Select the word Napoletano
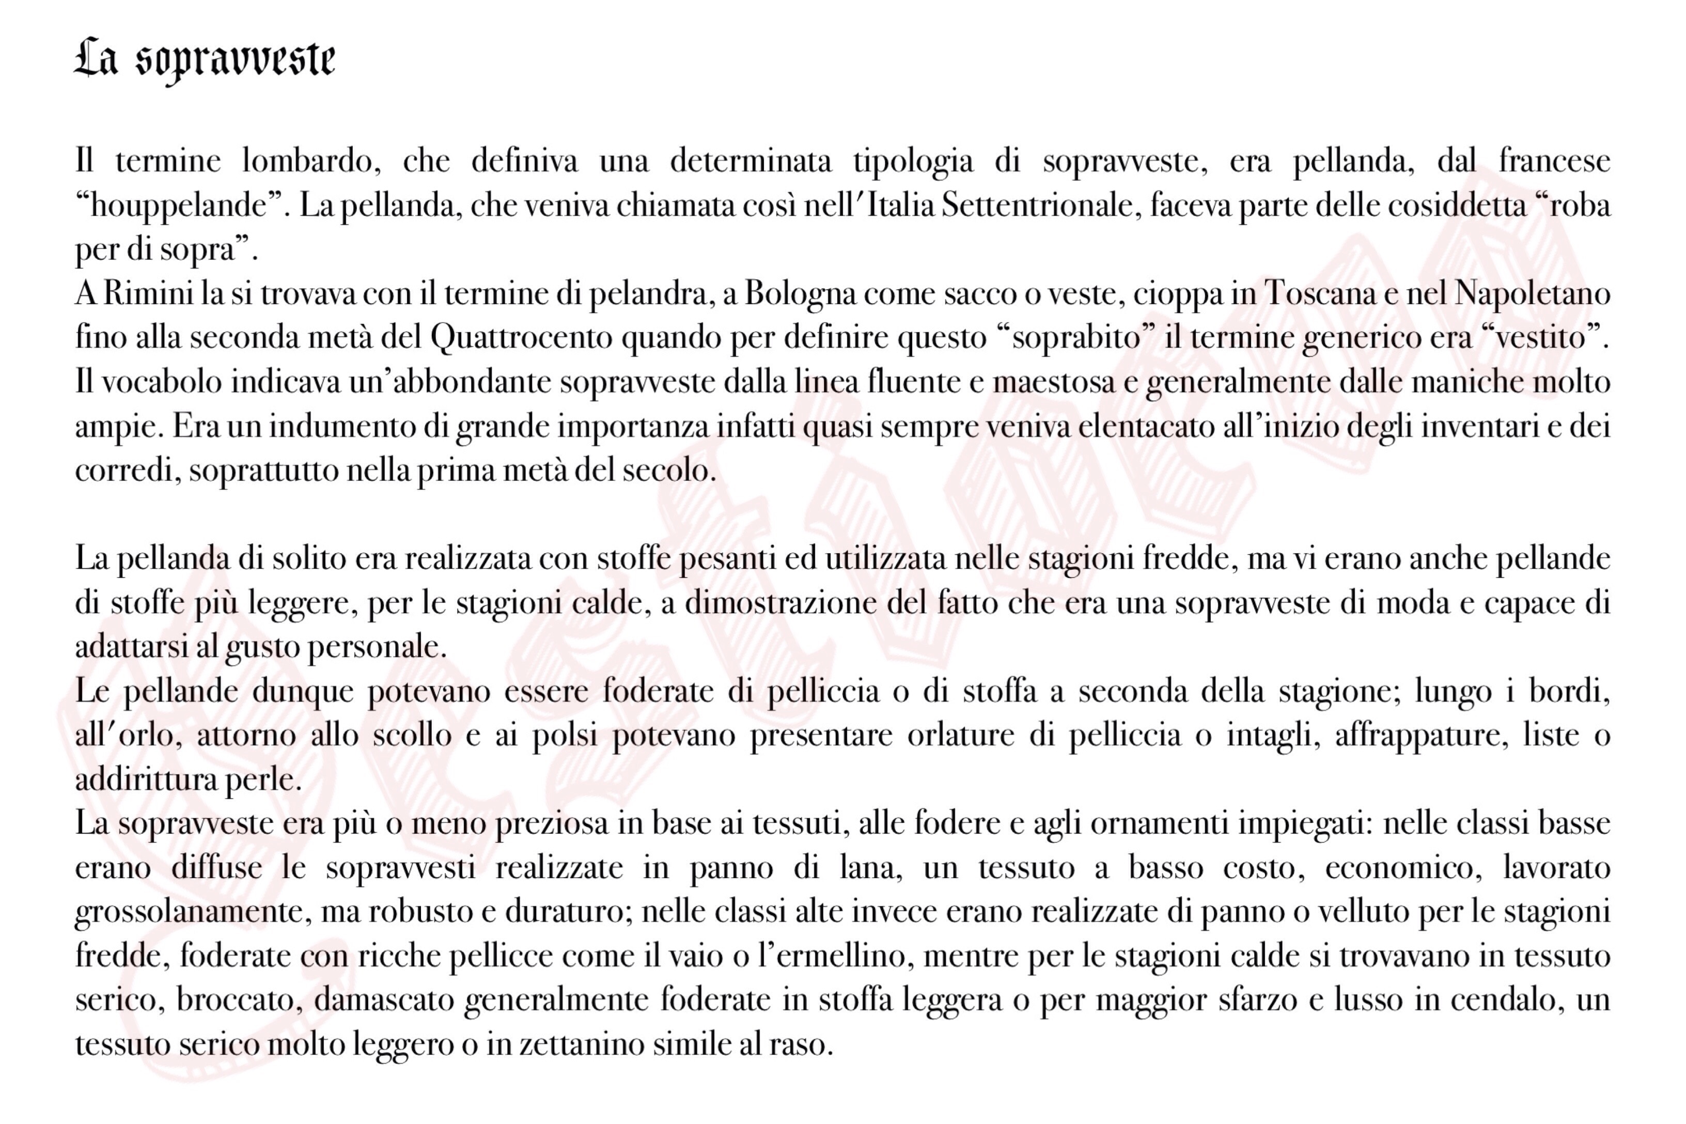point(1532,294)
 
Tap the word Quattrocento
point(521,338)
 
